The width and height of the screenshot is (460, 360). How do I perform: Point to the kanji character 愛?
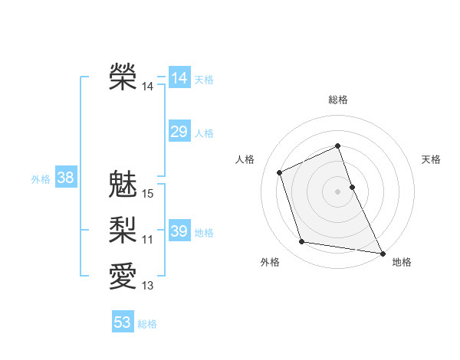[123, 274]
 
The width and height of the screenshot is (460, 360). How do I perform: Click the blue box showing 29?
[179, 132]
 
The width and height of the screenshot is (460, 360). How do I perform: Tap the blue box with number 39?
[179, 231]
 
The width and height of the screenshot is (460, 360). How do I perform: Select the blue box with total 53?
[123, 322]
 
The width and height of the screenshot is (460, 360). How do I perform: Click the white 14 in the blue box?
[179, 77]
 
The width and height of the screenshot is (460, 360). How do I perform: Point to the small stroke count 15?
[148, 194]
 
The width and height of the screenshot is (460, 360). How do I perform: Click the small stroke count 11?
[148, 240]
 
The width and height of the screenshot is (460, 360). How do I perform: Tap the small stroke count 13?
[148, 286]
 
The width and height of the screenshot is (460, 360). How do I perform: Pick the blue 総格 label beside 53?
[147, 324]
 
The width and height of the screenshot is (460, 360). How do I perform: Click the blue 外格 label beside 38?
[41, 179]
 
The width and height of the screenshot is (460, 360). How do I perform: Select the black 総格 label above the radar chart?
[338, 100]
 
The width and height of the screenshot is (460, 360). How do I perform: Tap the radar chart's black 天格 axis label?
[431, 159]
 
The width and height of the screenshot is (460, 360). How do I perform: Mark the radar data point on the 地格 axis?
[382, 252]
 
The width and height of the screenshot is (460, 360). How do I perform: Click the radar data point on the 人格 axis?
[280, 172]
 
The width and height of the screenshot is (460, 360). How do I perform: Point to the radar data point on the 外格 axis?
[302, 242]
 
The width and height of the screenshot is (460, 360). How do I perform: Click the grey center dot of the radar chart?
[338, 191]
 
